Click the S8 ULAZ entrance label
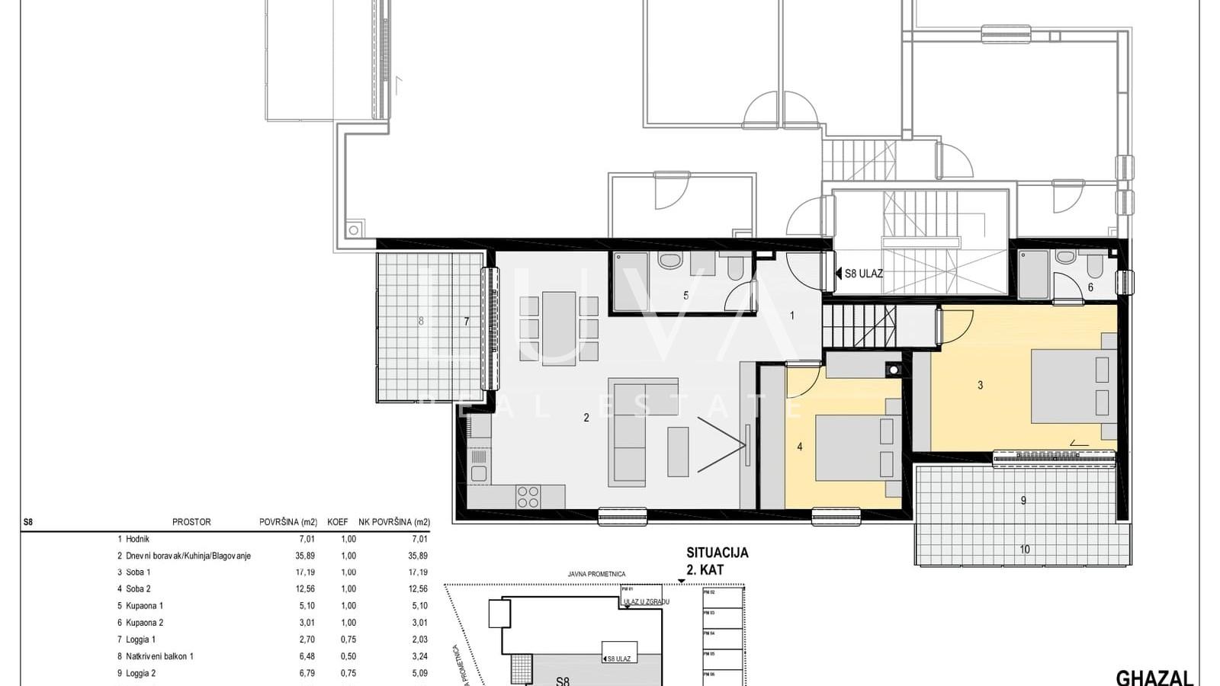862,273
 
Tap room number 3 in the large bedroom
981,386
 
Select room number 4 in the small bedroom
800,447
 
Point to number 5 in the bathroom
685,296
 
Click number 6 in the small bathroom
1090,288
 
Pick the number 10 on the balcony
1024,550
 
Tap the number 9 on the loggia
1023,501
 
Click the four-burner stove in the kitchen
528,497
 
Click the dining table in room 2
558,328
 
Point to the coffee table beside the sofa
678,451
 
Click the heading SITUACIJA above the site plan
717,553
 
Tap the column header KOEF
337,522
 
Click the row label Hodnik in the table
137,539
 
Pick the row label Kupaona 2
144,623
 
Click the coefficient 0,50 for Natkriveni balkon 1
348,656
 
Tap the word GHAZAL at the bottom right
1154,678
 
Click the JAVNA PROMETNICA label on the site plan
596,574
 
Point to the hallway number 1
792,316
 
